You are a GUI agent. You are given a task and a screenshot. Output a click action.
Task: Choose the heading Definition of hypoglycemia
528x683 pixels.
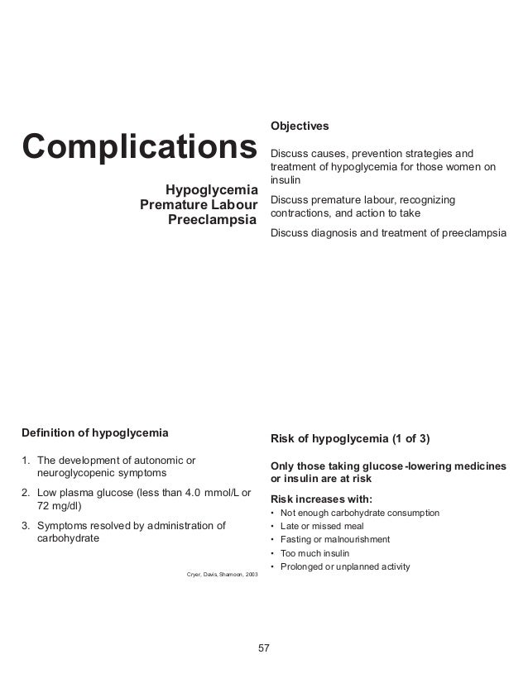(x=94, y=432)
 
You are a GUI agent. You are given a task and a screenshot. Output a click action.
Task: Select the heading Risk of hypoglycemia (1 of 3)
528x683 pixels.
(x=351, y=437)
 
